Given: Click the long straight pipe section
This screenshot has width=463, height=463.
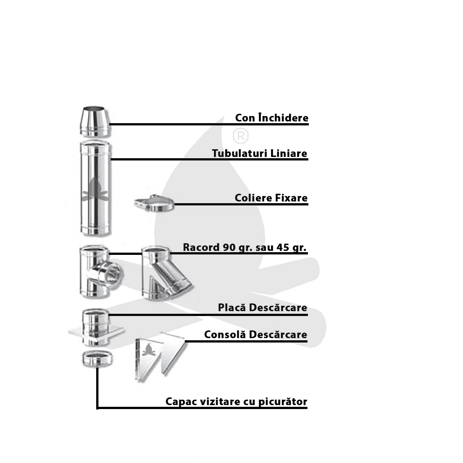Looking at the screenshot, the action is [95, 188].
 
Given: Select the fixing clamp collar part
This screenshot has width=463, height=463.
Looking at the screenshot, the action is [155, 203].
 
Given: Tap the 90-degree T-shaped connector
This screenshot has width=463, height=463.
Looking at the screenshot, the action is [100, 272].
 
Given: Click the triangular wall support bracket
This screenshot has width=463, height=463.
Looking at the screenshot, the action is [160, 357].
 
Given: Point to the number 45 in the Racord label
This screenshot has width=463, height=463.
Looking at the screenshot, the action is [282, 247].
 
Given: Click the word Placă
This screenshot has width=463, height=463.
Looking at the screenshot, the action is [232, 307].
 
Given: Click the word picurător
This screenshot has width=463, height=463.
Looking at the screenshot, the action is [283, 401].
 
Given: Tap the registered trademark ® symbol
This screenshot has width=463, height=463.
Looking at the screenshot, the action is [240, 136].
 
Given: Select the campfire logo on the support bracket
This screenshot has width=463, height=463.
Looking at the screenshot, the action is [148, 350].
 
